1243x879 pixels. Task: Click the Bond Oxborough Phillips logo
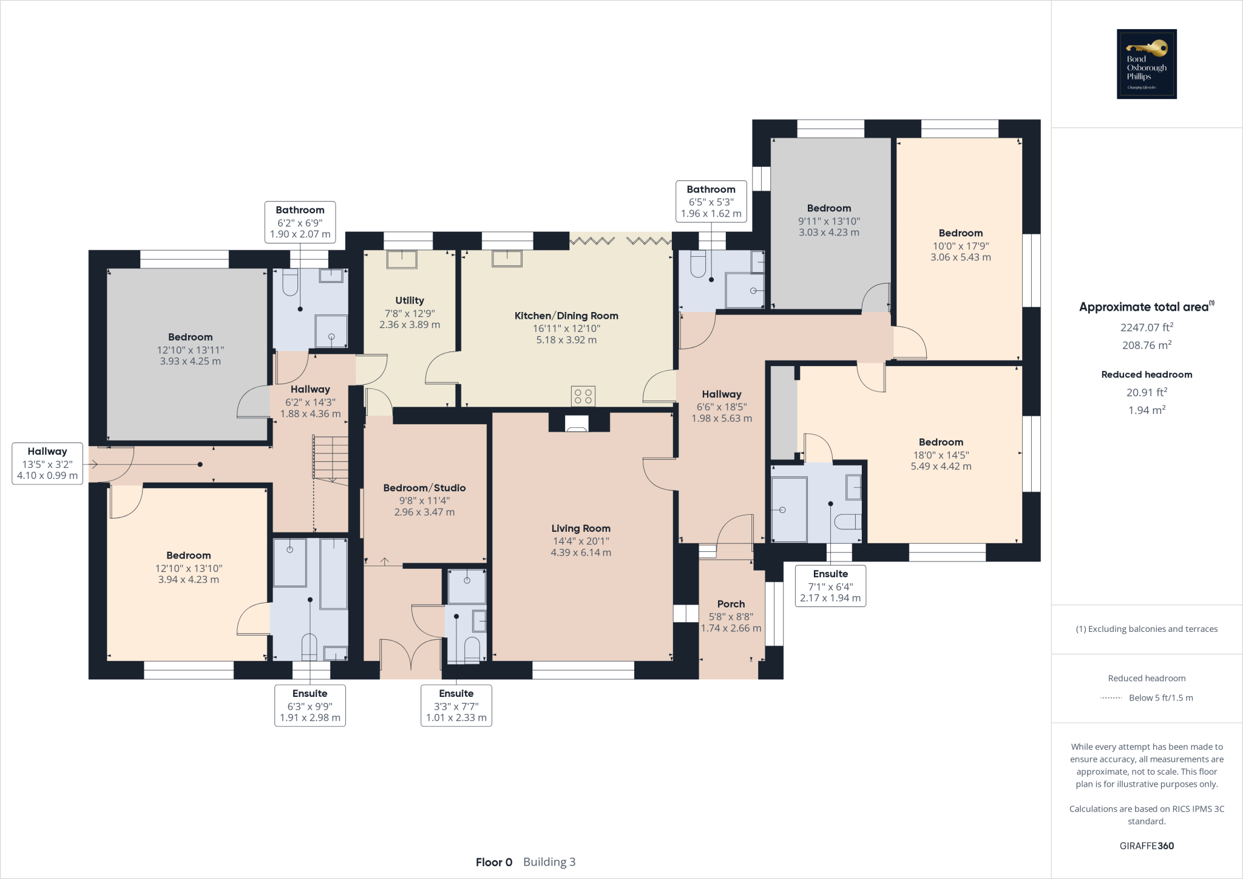click(x=1146, y=64)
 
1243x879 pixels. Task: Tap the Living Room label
click(x=581, y=529)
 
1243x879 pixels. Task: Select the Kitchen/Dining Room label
click(x=566, y=316)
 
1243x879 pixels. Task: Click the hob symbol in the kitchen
click(x=583, y=396)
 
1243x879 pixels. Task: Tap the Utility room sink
click(x=402, y=259)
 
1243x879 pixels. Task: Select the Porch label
click(x=731, y=604)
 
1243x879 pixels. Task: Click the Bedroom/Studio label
click(x=424, y=488)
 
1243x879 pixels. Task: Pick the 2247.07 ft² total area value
click(x=1146, y=327)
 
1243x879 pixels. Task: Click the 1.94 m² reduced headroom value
click(x=1146, y=410)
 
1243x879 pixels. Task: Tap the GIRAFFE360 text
click(x=1146, y=846)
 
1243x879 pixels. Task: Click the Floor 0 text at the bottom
click(x=493, y=862)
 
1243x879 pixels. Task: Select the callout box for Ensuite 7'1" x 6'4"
click(x=830, y=586)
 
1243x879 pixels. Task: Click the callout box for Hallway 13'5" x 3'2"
click(x=47, y=464)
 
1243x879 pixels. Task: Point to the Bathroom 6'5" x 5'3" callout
click(x=711, y=202)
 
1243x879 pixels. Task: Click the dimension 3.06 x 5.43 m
click(x=960, y=257)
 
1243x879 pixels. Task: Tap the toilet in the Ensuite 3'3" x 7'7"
click(x=472, y=648)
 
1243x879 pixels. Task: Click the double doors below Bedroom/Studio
click(x=411, y=659)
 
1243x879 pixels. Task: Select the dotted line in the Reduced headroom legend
click(x=1111, y=698)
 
